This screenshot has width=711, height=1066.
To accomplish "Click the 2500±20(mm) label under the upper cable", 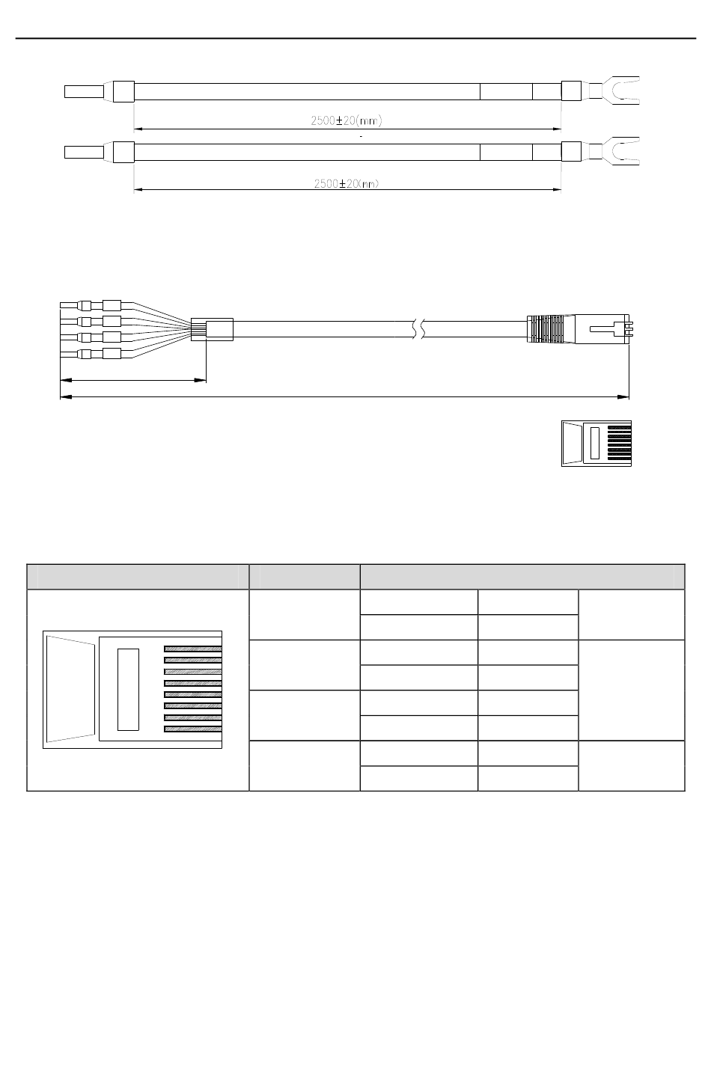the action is point(347,121).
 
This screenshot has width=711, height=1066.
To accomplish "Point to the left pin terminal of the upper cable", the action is point(85,91).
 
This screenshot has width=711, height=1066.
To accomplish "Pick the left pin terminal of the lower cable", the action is point(85,153).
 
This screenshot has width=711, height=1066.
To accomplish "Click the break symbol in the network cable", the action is point(418,329).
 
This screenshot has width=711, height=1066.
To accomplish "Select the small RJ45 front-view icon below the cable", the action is point(596,444).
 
